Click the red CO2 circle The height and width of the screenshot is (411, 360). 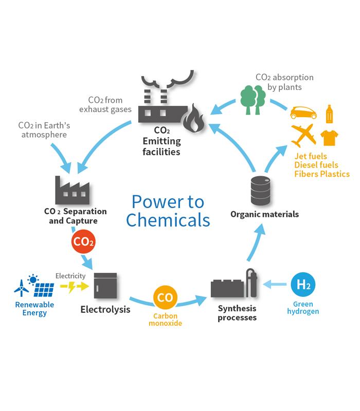[83, 242]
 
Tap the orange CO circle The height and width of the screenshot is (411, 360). [165, 298]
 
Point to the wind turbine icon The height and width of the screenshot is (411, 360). [22, 288]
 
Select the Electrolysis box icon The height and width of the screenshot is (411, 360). [105, 286]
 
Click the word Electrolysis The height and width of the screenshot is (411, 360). [105, 309]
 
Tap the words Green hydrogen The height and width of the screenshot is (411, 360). [302, 308]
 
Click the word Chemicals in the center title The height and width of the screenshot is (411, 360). [168, 220]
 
